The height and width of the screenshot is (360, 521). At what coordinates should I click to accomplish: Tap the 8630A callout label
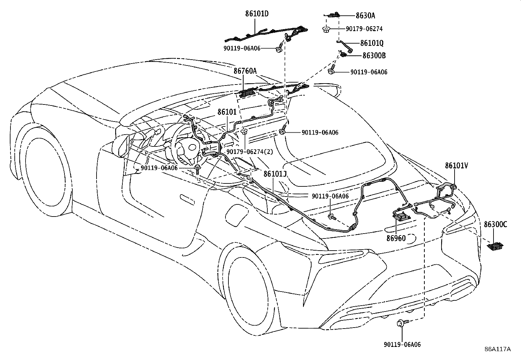coord(366,15)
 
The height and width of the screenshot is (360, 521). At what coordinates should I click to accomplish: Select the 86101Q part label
coord(372,43)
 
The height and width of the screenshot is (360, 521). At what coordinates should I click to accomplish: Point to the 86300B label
coord(374,55)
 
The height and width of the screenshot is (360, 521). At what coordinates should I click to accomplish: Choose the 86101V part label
coord(456,166)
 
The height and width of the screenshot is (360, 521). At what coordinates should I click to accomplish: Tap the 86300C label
coord(495,224)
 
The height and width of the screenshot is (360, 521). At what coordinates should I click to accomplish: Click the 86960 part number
coord(396,238)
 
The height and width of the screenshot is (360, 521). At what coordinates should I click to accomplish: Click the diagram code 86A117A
coord(497,349)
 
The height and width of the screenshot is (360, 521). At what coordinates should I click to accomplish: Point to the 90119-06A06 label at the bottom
coord(402,344)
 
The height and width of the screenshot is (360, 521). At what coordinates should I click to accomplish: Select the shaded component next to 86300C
coord(495,246)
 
